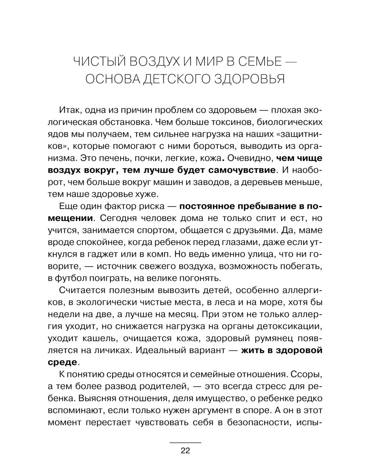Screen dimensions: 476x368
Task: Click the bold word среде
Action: (63, 362)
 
